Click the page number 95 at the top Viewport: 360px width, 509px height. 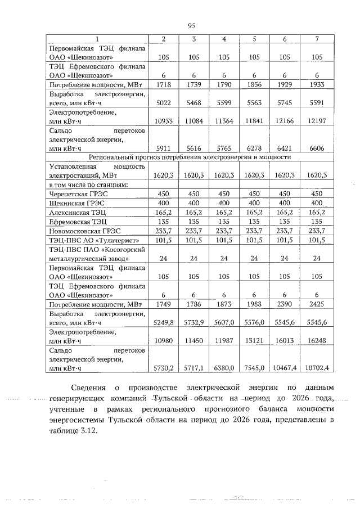[x=191, y=25]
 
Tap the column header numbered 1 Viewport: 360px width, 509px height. [x=97, y=39]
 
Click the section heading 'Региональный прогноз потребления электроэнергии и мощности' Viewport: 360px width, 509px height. [x=191, y=157]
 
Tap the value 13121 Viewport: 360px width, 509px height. [x=254, y=341]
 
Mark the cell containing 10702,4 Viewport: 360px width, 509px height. [x=316, y=368]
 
